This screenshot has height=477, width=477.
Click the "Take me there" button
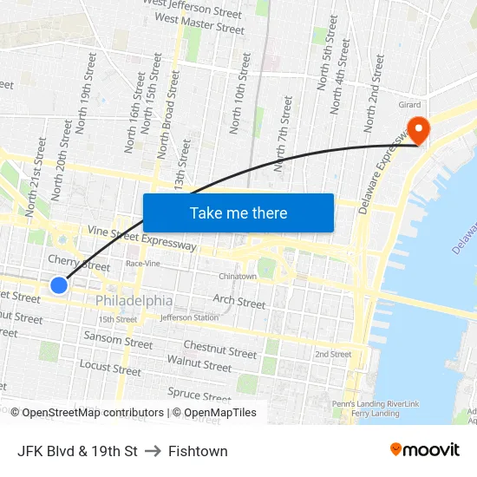(238, 212)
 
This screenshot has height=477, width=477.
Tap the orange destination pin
(419, 130)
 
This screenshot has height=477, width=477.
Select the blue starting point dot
(59, 285)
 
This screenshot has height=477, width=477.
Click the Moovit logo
(424, 450)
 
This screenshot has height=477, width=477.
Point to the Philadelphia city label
(134, 301)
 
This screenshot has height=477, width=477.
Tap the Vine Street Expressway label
(140, 238)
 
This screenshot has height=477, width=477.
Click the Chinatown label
(237, 277)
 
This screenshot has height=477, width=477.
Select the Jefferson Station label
(188, 318)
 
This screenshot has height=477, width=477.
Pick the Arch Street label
(239, 303)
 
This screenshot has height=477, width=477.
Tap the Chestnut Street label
(220, 350)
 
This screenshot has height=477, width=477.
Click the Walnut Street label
(199, 363)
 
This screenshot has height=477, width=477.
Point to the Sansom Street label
(118, 339)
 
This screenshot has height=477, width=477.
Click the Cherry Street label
(79, 263)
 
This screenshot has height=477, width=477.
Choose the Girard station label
(409, 105)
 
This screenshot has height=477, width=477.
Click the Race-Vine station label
(142, 263)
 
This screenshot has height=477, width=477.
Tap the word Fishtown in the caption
(198, 451)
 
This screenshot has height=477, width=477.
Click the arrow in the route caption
(153, 451)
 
